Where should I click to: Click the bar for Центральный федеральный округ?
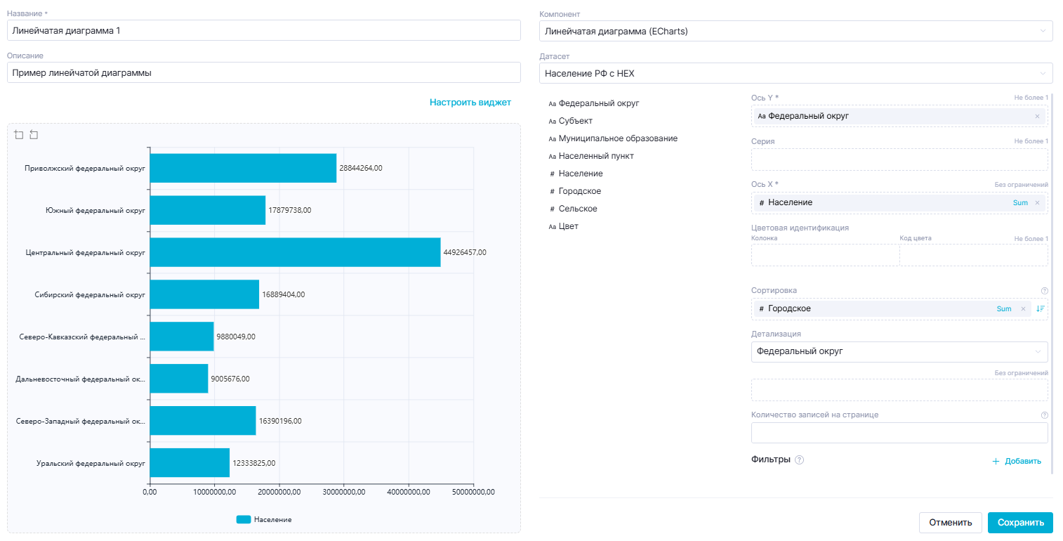click(x=295, y=252)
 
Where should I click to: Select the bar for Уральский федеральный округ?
click(x=190, y=463)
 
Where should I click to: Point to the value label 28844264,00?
click(x=360, y=168)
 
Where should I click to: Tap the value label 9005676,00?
click(x=230, y=379)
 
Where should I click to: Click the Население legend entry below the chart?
click(x=264, y=519)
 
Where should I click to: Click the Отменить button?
click(x=950, y=523)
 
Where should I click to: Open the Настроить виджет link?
click(x=470, y=103)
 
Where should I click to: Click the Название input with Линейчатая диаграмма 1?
click(x=263, y=31)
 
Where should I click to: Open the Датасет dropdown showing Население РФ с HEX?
click(x=795, y=73)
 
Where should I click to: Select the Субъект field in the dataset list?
click(x=575, y=121)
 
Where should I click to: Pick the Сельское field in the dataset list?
click(x=577, y=209)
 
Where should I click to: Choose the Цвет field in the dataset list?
click(x=568, y=226)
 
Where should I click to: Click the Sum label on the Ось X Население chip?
click(x=1019, y=203)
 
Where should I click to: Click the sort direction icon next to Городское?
click(x=1040, y=309)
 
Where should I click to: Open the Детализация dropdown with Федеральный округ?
click(x=899, y=351)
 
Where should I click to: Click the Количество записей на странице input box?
click(x=899, y=433)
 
